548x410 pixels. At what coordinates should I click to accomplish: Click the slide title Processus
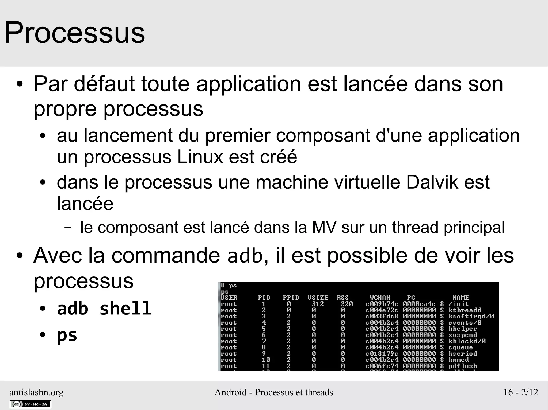coord(75,33)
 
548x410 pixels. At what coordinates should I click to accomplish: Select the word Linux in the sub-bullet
coord(200,157)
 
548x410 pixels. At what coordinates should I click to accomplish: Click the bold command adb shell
coord(104,309)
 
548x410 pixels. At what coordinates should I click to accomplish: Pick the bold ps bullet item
coord(67,335)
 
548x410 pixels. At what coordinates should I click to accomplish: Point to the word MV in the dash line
coord(324,227)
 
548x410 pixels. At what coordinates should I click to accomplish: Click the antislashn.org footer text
coord(36,392)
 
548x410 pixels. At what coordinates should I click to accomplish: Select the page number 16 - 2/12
coord(521,392)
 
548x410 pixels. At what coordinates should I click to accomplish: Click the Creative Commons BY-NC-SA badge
coord(30,404)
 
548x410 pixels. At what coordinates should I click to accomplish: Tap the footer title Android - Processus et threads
coord(274,392)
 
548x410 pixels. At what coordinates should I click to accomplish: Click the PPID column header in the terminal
coord(291,298)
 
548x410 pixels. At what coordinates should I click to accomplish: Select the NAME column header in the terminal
coord(461,298)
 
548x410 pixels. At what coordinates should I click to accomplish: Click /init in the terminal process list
coord(458,304)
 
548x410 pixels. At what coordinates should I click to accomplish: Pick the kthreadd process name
coord(465,310)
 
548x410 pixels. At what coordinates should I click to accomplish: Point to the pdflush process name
coord(463,366)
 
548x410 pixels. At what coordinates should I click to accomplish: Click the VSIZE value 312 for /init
coord(318,304)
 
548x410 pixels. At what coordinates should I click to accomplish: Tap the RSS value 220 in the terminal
coord(347,304)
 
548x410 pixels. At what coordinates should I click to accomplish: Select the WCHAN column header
coord(380,298)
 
